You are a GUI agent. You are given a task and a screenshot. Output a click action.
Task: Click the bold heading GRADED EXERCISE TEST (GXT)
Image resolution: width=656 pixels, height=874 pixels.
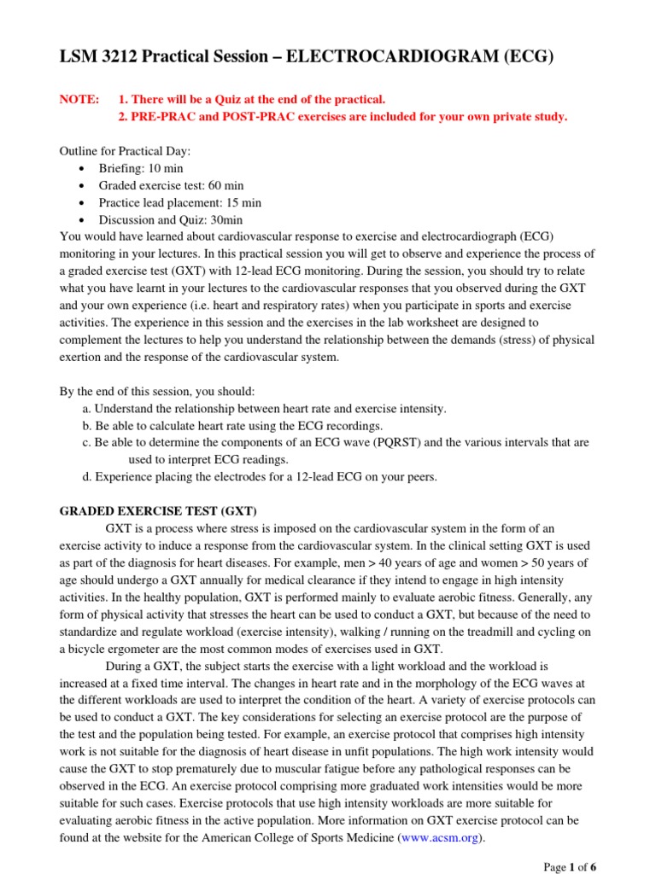(x=157, y=511)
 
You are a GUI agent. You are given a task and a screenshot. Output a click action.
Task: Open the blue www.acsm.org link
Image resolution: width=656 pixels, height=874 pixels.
(x=441, y=837)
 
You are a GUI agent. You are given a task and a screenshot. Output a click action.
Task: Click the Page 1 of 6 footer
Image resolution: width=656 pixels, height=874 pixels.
(x=570, y=866)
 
